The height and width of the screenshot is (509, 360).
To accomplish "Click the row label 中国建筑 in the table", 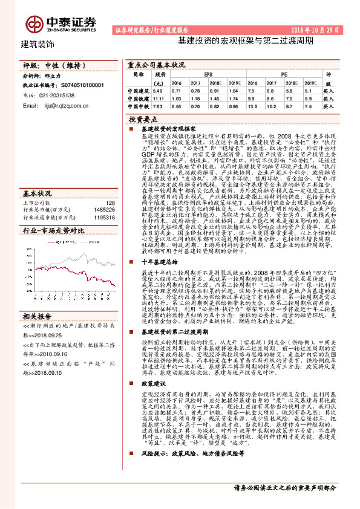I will pyautogui.click(x=137, y=89).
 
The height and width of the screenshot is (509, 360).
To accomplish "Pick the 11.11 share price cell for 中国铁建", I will pyautogui.click(x=159, y=97).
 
